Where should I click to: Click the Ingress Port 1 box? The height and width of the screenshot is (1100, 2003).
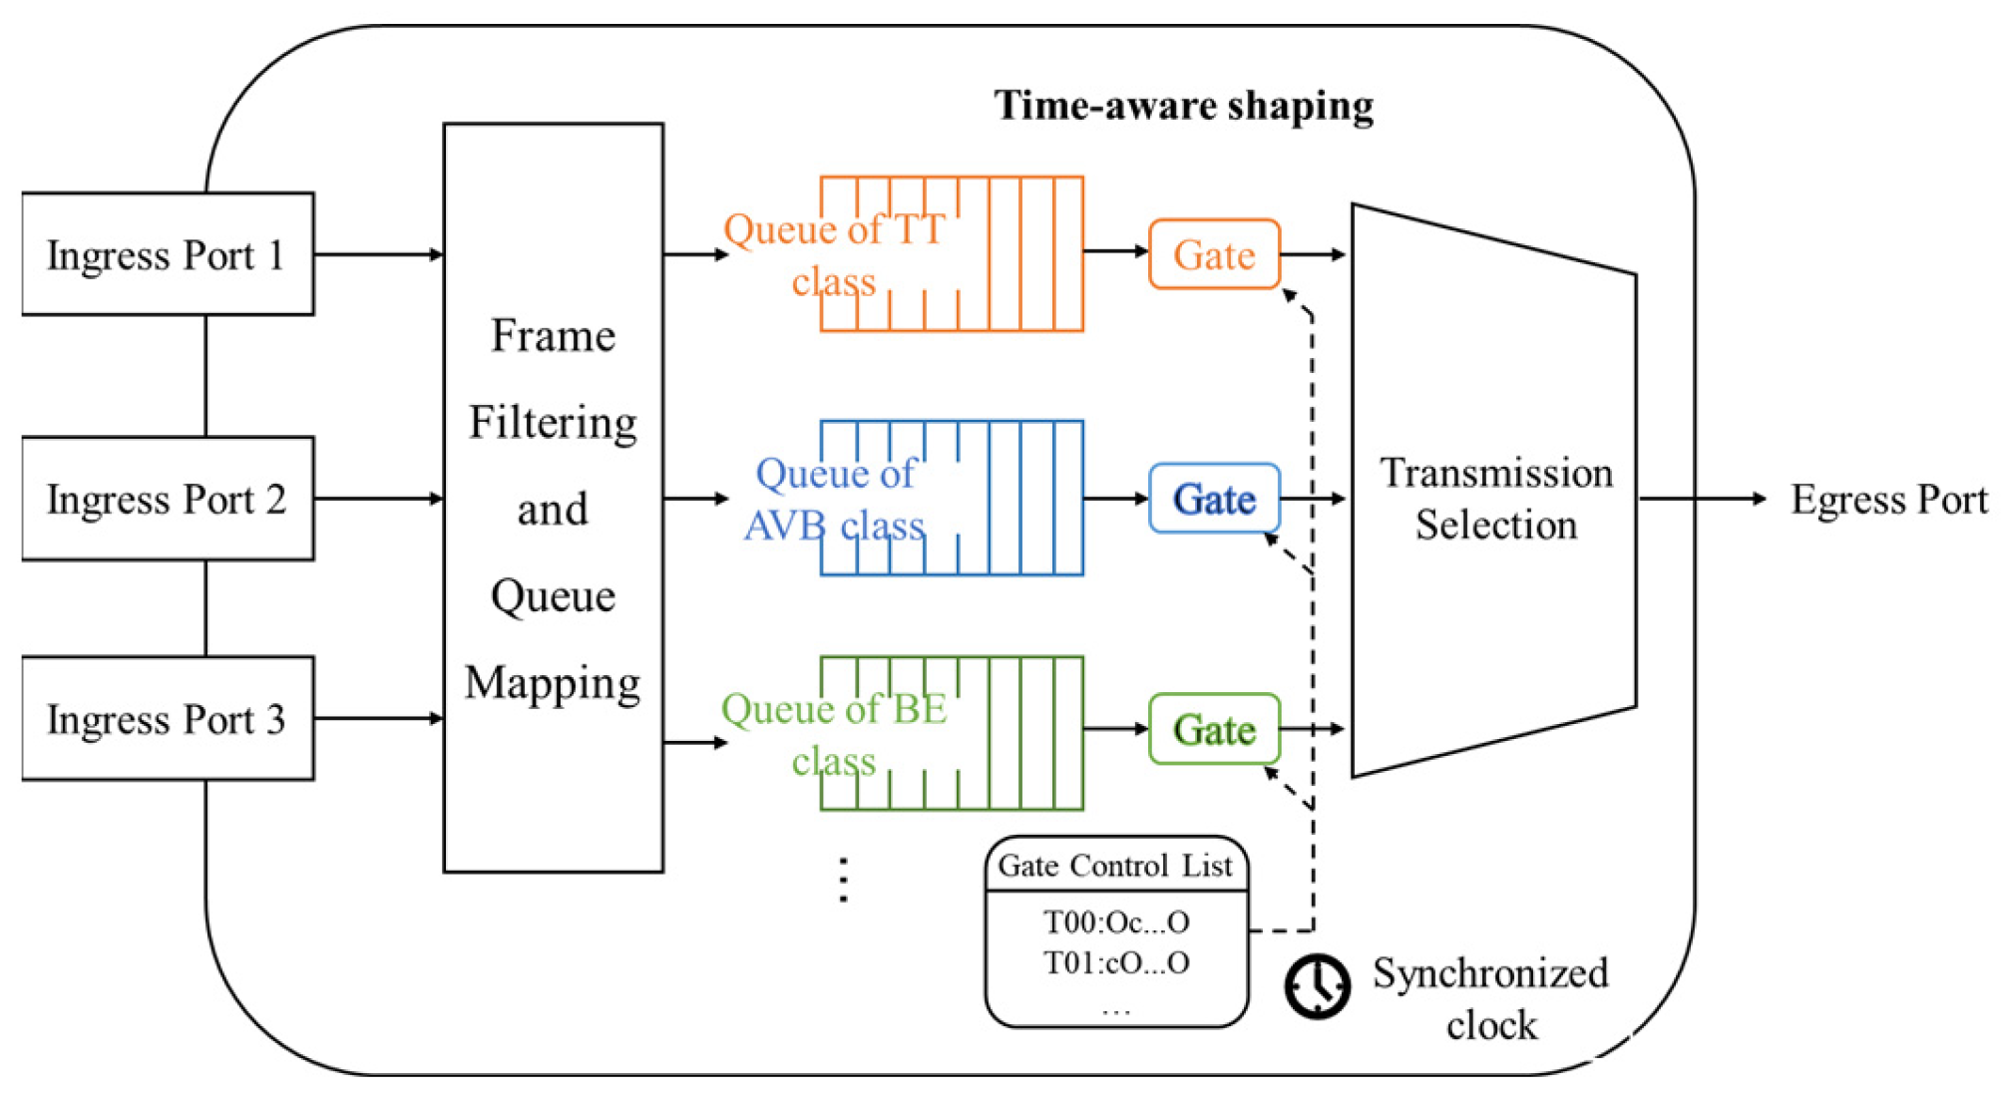click(167, 255)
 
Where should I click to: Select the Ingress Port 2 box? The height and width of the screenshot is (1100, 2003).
click(167, 499)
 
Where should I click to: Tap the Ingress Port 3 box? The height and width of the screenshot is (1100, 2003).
click(167, 719)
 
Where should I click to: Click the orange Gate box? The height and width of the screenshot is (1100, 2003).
click(1214, 255)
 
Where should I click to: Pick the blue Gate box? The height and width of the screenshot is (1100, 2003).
click(1214, 499)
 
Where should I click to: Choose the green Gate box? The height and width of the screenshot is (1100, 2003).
click(1214, 730)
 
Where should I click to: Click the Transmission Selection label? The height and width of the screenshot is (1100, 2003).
click(1495, 499)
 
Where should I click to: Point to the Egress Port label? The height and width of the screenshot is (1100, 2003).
click(1888, 500)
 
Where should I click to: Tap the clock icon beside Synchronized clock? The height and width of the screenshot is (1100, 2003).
click(1317, 986)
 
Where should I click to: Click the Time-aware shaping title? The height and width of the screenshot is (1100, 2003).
click(1183, 106)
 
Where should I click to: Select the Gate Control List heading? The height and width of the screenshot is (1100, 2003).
click(1115, 866)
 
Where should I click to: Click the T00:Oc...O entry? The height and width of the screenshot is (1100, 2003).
click(1116, 922)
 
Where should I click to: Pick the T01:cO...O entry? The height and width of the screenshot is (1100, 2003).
click(1116, 963)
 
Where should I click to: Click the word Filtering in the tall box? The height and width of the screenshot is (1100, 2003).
click(553, 423)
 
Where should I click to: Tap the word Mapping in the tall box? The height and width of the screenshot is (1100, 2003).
click(553, 684)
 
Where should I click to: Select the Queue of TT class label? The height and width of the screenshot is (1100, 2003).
click(834, 255)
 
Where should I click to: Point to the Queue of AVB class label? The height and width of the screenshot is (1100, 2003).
click(834, 499)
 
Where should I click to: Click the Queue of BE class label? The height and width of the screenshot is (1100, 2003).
click(834, 735)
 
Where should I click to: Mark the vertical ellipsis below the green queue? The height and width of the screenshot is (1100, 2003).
click(844, 880)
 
